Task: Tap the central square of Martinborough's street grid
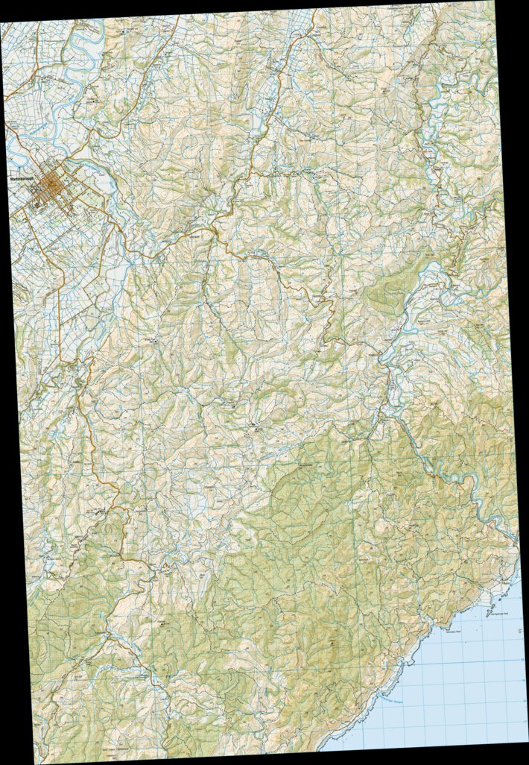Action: coord(52,183)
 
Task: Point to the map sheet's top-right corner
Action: coord(493,1)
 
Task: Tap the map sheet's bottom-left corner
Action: coord(42,763)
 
